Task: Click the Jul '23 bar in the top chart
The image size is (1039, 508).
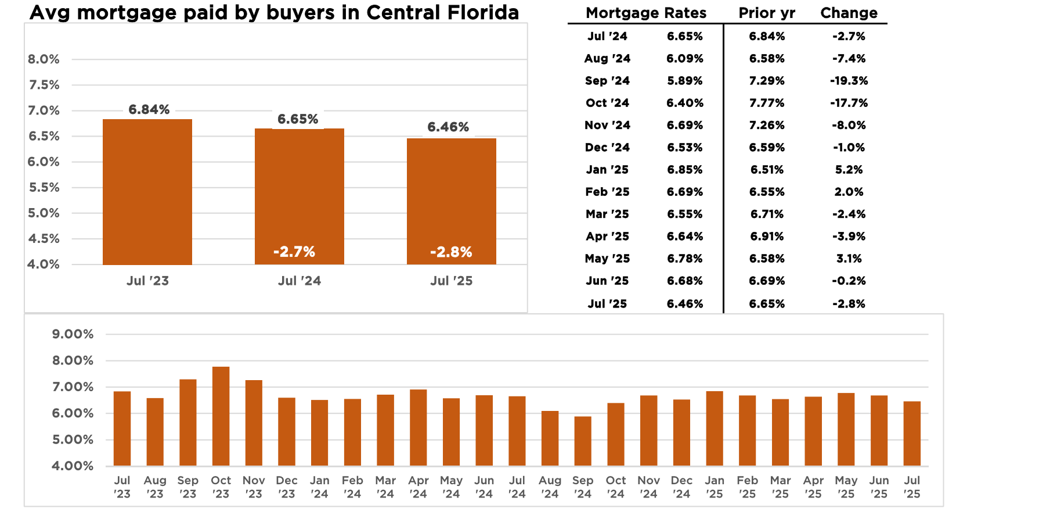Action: [147, 192]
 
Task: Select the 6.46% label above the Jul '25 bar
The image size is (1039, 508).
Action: [448, 127]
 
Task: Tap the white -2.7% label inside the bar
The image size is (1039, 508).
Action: [294, 252]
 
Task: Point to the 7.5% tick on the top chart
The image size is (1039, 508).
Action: [44, 85]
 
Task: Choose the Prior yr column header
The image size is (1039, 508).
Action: [767, 13]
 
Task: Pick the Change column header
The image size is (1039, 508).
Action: [849, 13]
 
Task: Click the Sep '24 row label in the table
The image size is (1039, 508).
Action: [607, 81]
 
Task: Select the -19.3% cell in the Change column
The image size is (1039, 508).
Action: [849, 81]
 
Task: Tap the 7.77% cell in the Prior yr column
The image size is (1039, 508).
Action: [767, 103]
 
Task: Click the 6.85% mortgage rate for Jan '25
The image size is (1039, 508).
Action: [685, 170]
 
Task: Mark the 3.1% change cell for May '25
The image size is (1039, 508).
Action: [849, 259]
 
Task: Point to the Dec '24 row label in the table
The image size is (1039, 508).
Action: [607, 148]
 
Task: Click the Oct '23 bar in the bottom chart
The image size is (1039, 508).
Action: [221, 416]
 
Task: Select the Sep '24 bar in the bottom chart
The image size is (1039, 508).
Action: [583, 441]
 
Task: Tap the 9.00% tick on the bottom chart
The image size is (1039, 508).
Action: [73, 334]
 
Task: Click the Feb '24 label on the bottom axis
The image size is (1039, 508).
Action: [352, 487]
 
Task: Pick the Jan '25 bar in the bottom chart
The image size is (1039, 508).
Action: [715, 428]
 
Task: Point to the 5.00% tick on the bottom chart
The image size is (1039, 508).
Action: [73, 439]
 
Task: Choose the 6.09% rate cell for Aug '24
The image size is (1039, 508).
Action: [685, 59]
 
